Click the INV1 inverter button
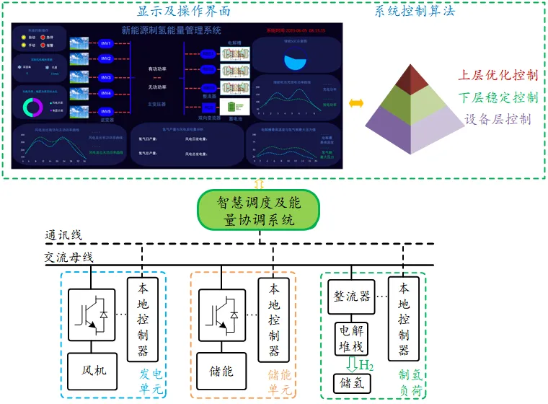105,43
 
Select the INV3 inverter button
105,77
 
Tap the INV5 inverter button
105,112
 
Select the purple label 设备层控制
498,119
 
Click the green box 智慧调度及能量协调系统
260,211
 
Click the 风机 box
91,370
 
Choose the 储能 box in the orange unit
219,370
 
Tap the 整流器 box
352,297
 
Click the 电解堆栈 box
352,337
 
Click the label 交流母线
68,258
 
